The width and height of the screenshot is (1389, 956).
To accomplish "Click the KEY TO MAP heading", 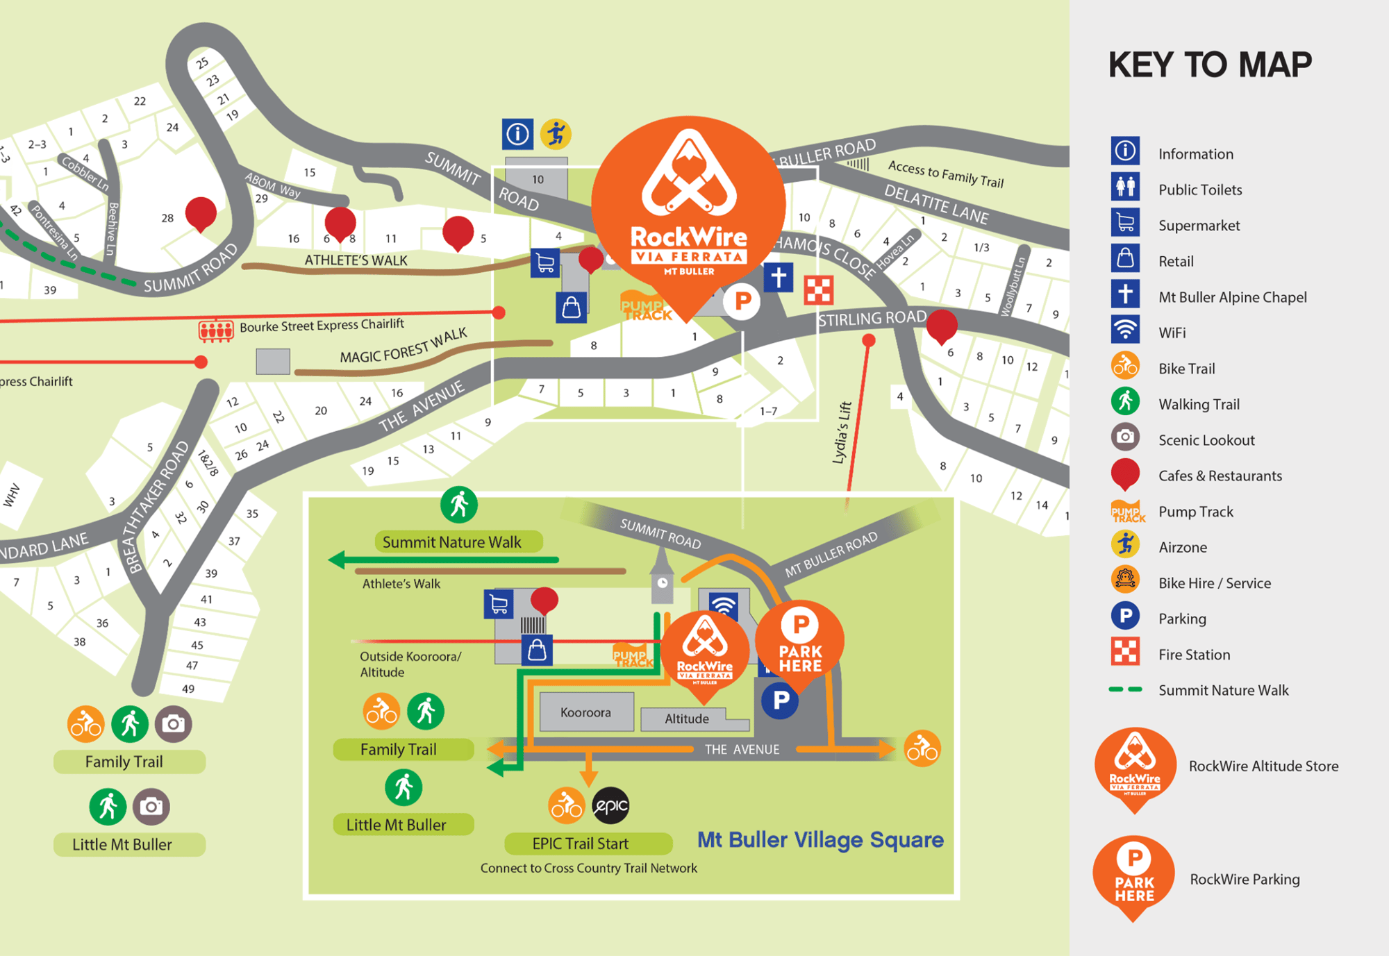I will [1210, 65].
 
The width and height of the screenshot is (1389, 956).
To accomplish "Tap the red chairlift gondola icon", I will [216, 330].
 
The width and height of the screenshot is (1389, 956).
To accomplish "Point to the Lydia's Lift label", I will [842, 433].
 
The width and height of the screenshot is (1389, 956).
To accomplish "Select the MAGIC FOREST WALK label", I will [403, 346].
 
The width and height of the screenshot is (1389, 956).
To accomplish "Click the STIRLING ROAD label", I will [872, 319].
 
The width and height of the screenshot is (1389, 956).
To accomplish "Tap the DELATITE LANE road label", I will [935, 204].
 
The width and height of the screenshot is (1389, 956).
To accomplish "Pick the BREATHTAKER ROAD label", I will [156, 507].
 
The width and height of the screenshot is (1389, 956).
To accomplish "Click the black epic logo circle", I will [610, 806].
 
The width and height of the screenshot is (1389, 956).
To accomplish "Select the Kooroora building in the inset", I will [586, 712].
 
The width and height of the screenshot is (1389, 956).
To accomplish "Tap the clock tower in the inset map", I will [662, 576].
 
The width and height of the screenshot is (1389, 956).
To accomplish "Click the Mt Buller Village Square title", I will [820, 840].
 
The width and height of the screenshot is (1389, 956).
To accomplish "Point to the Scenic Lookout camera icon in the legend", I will [1125, 437].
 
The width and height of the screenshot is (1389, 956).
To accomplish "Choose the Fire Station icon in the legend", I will [1125, 652].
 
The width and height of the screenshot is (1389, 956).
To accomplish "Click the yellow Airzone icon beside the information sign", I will [556, 134].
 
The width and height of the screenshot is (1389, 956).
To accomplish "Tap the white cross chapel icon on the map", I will [779, 277].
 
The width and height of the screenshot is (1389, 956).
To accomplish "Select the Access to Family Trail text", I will [946, 174].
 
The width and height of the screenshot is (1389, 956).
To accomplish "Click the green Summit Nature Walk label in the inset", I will [451, 542].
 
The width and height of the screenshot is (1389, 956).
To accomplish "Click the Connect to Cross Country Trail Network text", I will [588, 869].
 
